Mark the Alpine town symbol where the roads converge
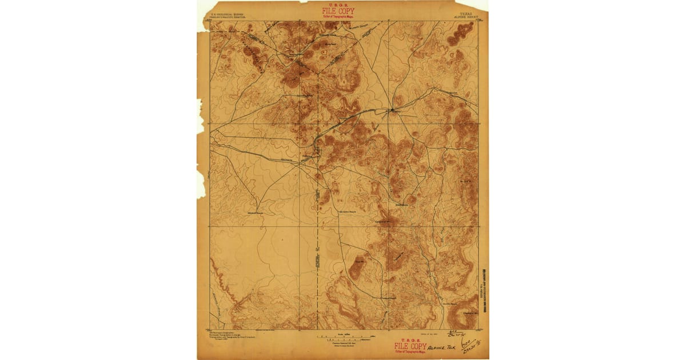392,109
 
